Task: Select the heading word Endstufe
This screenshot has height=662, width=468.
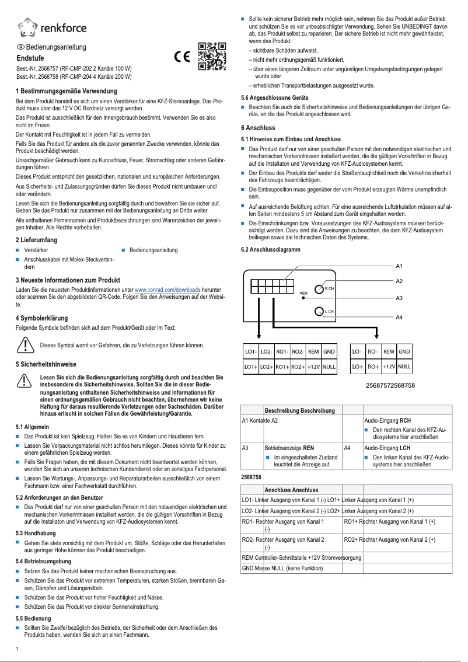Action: [30, 58]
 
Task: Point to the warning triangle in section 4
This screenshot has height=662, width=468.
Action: [25, 345]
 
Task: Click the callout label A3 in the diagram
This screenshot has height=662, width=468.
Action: [399, 298]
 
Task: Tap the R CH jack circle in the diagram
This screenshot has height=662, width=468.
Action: [320, 289]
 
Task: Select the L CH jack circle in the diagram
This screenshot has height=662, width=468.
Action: [320, 312]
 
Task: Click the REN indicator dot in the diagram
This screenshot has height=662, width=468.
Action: [303, 298]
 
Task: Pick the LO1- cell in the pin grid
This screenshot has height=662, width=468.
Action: [251, 352]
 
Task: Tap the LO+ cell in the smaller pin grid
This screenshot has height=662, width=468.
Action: [358, 367]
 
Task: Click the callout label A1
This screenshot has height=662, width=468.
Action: [399, 266]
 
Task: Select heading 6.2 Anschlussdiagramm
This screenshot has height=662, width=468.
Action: [270, 249]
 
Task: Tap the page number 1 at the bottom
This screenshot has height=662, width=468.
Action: [18, 649]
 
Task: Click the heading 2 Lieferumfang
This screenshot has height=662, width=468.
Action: [36, 240]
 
